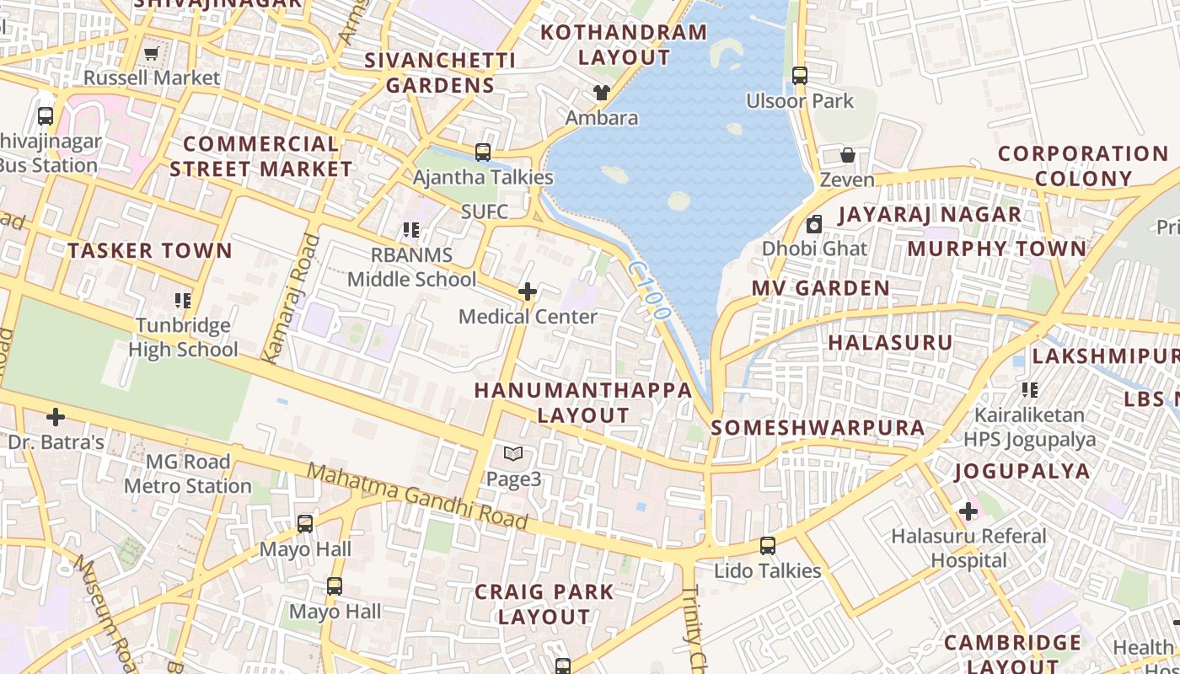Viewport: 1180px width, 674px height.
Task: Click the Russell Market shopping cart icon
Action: pyautogui.click(x=151, y=54)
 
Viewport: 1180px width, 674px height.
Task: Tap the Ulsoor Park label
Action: pyautogui.click(x=800, y=101)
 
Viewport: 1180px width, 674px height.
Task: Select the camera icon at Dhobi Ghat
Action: pyautogui.click(x=814, y=224)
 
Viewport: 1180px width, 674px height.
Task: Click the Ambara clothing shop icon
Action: pyautogui.click(x=601, y=93)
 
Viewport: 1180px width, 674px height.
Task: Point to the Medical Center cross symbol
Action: pyautogui.click(x=528, y=292)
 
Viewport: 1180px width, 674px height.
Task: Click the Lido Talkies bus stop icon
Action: pyautogui.click(x=768, y=546)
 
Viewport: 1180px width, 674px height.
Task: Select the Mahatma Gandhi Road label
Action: pyautogui.click(x=417, y=497)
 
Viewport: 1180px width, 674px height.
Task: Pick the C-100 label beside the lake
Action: pyautogui.click(x=649, y=290)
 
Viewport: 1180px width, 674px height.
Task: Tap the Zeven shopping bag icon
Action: pyautogui.click(x=848, y=156)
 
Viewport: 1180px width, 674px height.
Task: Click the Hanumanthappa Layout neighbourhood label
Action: pyautogui.click(x=583, y=403)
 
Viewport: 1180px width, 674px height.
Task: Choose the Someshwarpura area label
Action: pyautogui.click(x=818, y=428)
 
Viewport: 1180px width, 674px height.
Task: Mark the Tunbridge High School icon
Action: pyautogui.click(x=182, y=301)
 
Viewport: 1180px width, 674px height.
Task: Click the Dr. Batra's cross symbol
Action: pyautogui.click(x=56, y=417)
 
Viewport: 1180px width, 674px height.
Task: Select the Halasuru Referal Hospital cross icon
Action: pyautogui.click(x=968, y=511)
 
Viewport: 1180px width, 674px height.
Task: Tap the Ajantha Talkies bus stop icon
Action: pyautogui.click(x=483, y=152)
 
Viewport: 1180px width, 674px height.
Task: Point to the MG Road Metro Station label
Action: pyautogui.click(x=187, y=474)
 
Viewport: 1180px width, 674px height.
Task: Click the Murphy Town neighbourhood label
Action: pyautogui.click(x=997, y=249)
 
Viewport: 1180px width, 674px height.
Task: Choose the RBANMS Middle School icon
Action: pyautogui.click(x=411, y=230)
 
